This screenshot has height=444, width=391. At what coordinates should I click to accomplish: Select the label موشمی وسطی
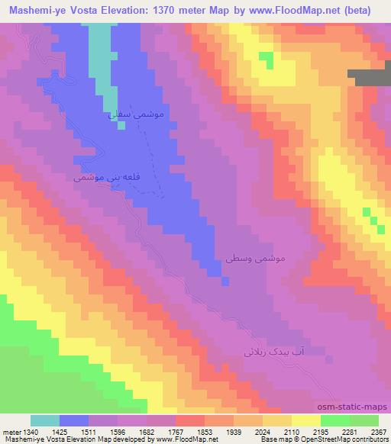click(x=255, y=259)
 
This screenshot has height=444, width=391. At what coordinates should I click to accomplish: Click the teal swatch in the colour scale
click(x=45, y=420)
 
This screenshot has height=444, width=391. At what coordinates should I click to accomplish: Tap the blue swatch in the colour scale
click(x=74, y=420)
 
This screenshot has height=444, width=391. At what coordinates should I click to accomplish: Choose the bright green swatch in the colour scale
click(x=335, y=420)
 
